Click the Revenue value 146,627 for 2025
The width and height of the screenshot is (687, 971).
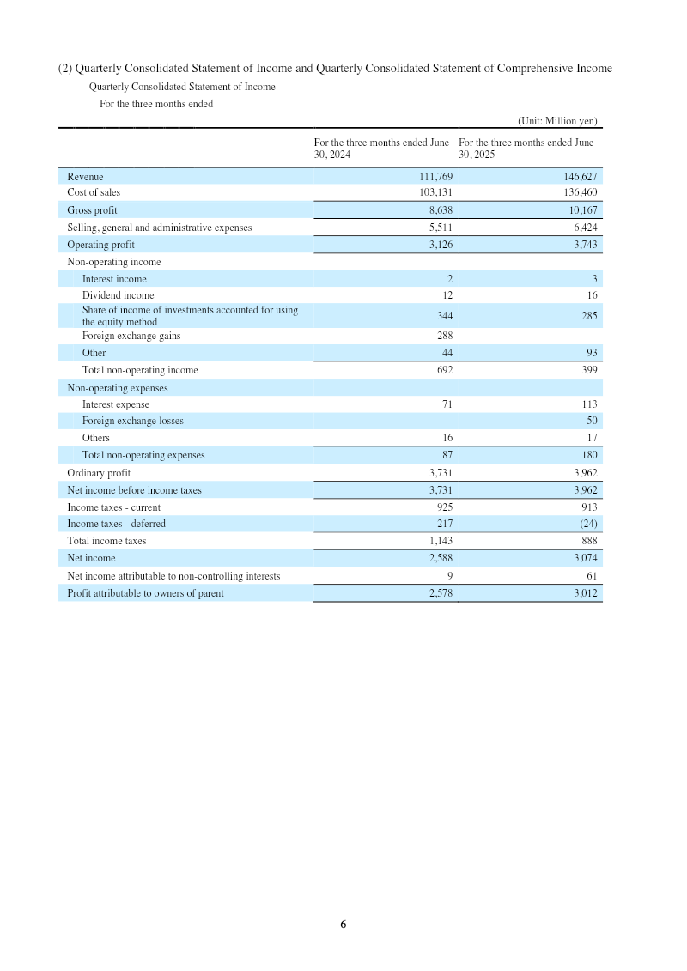[580, 176]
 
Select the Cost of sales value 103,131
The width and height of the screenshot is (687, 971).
[435, 193]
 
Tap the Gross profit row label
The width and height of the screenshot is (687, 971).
[92, 210]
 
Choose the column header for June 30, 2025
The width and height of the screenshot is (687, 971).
[526, 148]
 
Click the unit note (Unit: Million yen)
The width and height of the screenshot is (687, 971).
[557, 121]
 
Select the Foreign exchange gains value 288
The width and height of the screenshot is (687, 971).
[444, 336]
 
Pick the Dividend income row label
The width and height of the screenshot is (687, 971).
[118, 295]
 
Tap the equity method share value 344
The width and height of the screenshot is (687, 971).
[444, 316]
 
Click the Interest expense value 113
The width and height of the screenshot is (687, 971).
[588, 404]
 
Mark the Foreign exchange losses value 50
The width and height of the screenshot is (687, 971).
[591, 421]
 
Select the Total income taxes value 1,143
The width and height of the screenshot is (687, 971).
[440, 541]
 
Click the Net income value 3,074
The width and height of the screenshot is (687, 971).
[582, 558]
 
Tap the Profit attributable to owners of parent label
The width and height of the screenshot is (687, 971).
[145, 592]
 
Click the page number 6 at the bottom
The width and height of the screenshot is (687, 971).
[343, 925]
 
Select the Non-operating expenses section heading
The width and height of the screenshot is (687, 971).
[117, 388]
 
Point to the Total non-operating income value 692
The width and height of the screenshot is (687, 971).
[444, 370]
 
